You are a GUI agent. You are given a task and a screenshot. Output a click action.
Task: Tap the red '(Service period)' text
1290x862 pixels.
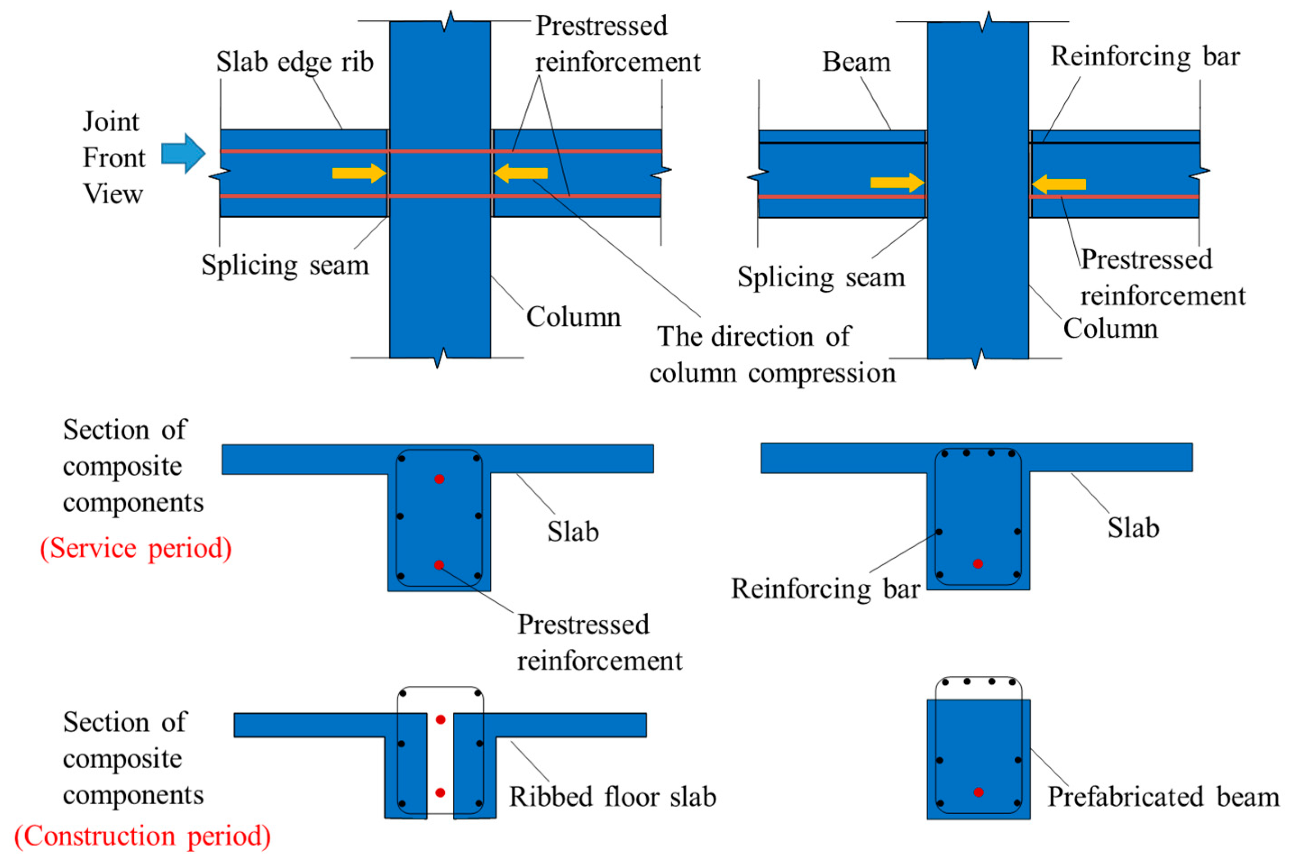click(136, 548)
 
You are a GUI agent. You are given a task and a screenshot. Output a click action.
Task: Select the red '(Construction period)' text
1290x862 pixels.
click(142, 836)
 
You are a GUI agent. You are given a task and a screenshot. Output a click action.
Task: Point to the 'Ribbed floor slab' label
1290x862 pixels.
click(612, 797)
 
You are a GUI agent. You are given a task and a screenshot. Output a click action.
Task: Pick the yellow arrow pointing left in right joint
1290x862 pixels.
click(1059, 184)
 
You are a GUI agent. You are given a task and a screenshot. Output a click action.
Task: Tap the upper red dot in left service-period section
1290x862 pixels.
click(439, 479)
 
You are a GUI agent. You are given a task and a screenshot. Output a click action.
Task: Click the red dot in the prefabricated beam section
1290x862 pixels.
click(979, 792)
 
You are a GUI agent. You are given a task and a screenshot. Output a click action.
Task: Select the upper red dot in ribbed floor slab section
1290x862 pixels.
click(440, 720)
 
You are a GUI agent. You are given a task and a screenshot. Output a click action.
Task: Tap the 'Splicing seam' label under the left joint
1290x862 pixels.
click(285, 265)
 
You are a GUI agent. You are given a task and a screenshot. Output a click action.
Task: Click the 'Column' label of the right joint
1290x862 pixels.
click(1110, 329)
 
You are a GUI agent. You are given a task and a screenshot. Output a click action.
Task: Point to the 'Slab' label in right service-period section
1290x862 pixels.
click(1133, 528)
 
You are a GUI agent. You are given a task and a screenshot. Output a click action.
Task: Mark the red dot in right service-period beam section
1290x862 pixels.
click(978, 564)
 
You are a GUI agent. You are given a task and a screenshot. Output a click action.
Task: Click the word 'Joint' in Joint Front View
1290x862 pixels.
click(111, 121)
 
